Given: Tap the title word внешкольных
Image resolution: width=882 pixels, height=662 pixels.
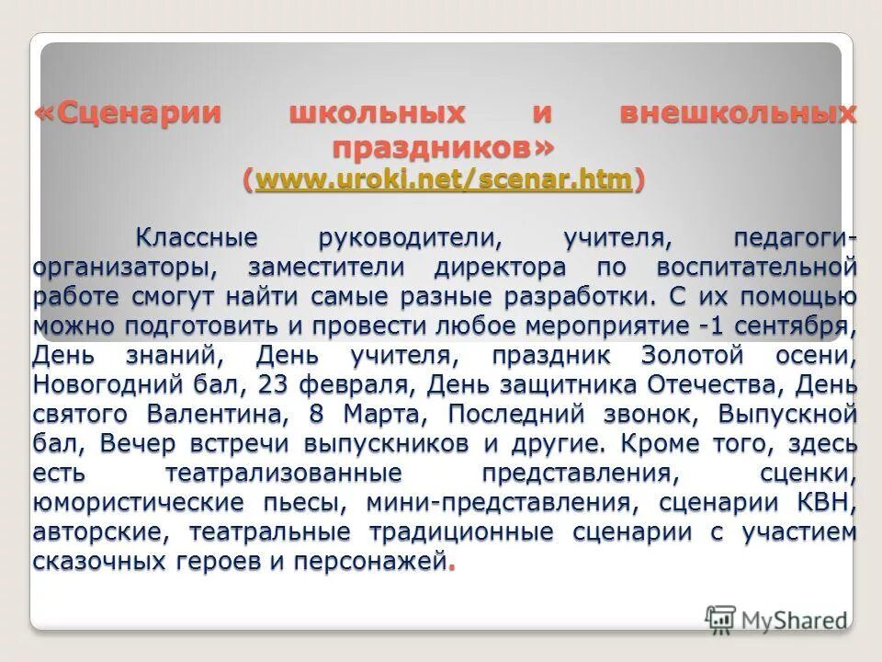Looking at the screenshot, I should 738,115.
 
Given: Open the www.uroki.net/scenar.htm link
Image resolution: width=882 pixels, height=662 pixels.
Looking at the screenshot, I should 444,179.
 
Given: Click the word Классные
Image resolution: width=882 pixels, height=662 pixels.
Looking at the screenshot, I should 197,238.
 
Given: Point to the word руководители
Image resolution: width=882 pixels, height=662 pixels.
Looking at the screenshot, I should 410,238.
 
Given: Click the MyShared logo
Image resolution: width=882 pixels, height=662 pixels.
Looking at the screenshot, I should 777,619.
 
